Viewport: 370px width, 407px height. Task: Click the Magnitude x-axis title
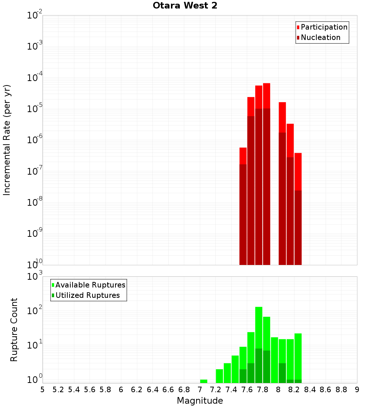pos(200,401)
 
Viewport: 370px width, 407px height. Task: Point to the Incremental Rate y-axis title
pos(7,140)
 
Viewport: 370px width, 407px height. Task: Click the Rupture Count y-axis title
pos(14,329)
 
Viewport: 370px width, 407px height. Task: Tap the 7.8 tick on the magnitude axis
pos(263,390)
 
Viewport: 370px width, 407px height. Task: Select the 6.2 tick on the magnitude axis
pos(137,390)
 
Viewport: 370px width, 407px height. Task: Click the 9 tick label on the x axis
pos(357,390)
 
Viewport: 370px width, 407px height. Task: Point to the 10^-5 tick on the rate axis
pos(35,109)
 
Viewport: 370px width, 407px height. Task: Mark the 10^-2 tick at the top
pos(35,16)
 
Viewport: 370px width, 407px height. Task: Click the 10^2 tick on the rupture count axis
pos(35,311)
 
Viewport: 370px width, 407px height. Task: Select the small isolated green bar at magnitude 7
pos(203,381)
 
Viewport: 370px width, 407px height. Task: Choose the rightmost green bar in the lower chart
pos(298,355)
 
